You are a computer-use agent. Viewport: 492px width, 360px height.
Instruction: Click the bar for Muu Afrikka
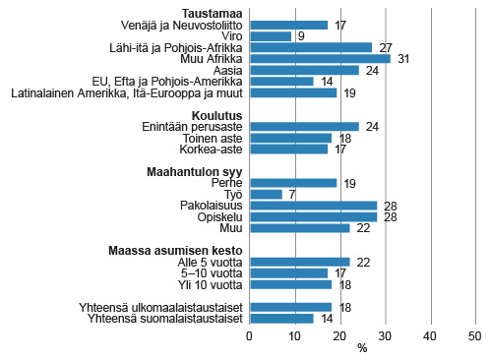coord(320,59)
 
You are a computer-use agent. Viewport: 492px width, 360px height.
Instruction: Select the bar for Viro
coord(271,36)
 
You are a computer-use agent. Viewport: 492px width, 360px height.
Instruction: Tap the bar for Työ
coord(266,194)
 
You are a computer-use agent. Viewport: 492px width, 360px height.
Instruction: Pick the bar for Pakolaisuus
coord(313,206)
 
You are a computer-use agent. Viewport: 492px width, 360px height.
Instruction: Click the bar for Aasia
coord(304,70)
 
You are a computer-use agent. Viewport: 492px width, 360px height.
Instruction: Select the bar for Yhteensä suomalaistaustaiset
coord(281,318)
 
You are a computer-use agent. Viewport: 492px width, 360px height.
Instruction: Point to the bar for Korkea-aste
coord(288,149)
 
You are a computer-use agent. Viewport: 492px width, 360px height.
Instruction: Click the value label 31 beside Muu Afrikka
coord(402,59)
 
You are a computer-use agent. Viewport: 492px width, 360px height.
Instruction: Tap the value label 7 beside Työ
coord(292,194)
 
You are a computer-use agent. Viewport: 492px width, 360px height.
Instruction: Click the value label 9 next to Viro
coord(301,36)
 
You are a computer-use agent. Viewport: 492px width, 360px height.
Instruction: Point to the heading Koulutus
coord(216,114)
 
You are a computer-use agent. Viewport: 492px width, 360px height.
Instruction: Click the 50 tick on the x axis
coord(474,335)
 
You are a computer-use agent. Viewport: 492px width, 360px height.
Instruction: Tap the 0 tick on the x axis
coord(250,335)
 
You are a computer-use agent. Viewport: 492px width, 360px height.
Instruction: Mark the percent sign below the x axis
coord(362,348)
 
